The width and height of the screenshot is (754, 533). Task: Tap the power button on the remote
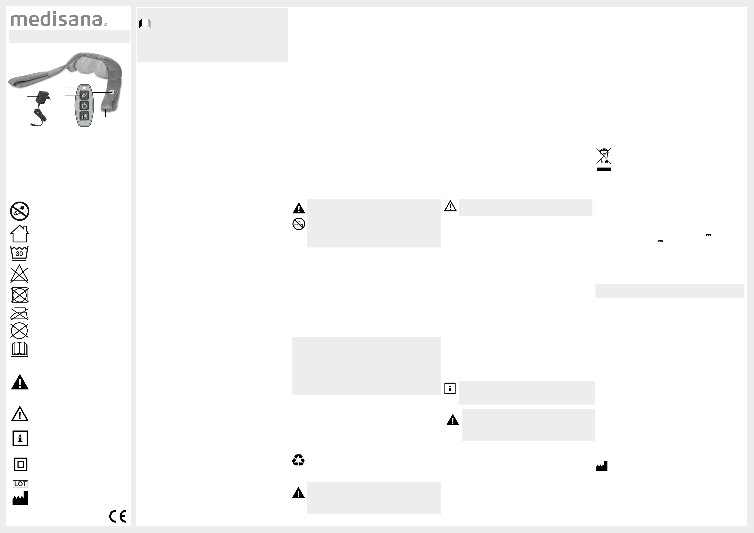tap(84, 106)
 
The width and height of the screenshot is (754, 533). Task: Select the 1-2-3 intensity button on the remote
tap(84, 116)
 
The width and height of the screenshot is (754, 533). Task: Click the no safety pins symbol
tap(20, 211)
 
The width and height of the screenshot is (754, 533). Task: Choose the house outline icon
tap(20, 234)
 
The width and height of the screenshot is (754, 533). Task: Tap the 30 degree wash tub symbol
tap(19, 253)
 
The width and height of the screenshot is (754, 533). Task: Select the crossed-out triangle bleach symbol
tap(19, 274)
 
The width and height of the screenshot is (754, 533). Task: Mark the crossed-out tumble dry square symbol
tap(19, 295)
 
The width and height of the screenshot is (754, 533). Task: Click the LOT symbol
tap(20, 484)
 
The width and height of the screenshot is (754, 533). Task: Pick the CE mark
tap(118, 516)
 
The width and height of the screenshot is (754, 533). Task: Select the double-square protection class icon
tap(20, 464)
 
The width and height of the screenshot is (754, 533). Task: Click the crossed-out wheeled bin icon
tap(604, 156)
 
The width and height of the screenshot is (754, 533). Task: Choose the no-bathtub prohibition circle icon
tap(299, 224)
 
